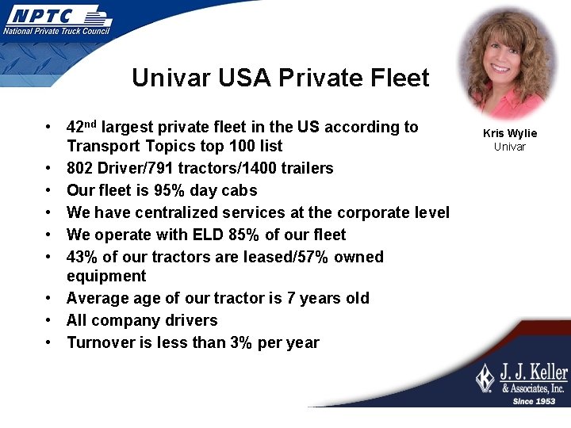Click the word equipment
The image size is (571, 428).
106,276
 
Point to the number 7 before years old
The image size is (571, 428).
289,298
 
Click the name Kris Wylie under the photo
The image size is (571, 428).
510,133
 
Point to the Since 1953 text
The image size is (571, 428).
534,401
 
